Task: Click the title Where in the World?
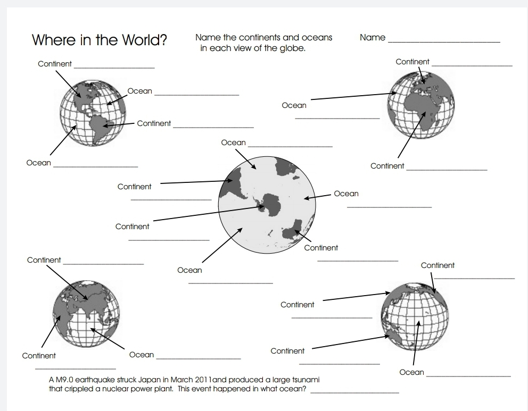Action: coord(100,40)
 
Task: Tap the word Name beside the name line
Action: coord(372,38)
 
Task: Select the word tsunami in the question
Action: coord(304,380)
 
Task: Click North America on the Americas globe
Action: coord(82,94)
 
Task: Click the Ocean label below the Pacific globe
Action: coord(411,372)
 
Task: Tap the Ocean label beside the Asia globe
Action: coord(141,355)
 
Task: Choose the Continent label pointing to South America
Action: coord(154,123)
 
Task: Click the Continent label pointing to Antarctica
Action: coord(132,227)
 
